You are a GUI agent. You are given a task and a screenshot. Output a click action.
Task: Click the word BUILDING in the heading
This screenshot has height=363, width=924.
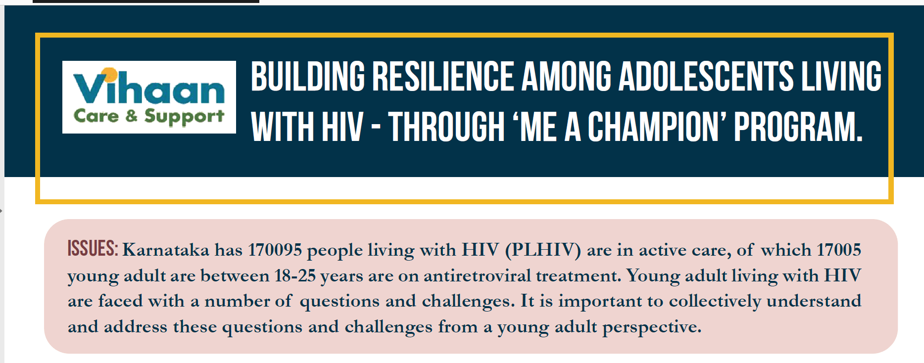pyautogui.click(x=308, y=77)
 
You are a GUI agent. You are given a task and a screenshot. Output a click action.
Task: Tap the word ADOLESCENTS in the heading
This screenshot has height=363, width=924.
pyautogui.click(x=706, y=77)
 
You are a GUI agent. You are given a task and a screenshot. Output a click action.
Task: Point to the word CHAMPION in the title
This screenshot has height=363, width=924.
pyautogui.click(x=653, y=127)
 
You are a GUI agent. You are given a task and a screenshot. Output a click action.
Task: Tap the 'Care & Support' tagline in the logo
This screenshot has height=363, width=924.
pyautogui.click(x=149, y=117)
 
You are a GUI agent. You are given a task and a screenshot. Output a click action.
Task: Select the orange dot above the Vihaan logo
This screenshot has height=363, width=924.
pyautogui.click(x=111, y=74)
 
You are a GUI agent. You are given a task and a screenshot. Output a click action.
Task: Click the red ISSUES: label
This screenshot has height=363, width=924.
pyautogui.click(x=93, y=248)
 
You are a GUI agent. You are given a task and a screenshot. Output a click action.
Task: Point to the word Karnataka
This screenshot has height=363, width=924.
pyautogui.click(x=166, y=250)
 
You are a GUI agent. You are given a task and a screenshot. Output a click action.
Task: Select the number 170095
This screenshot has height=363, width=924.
pyautogui.click(x=275, y=250)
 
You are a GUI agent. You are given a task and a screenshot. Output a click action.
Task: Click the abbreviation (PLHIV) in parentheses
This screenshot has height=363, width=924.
pyautogui.click(x=543, y=250)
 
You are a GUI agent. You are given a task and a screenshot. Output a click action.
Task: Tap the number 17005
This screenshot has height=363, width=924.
pyautogui.click(x=839, y=250)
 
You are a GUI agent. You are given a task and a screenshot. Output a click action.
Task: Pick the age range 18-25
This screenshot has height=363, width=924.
pyautogui.click(x=295, y=275)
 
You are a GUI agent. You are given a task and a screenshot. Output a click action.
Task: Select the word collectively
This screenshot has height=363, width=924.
pyautogui.click(x=715, y=302)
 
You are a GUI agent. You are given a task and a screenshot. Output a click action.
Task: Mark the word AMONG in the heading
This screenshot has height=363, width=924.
pyautogui.click(x=567, y=77)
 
